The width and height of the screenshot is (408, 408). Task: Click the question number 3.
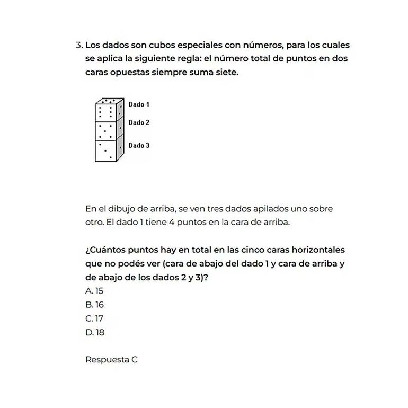click(78, 46)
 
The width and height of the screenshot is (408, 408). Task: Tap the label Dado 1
click(139, 104)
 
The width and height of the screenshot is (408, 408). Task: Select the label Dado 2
click(139, 122)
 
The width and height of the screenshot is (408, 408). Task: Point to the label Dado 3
click(139, 145)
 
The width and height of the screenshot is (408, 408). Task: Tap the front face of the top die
click(105, 113)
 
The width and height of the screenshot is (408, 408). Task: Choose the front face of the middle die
click(105, 131)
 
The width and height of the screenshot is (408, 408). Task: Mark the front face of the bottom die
click(105, 150)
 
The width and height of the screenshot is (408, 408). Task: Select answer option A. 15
click(94, 290)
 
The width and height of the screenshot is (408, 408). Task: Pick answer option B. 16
click(94, 305)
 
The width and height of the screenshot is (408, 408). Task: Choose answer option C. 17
click(94, 318)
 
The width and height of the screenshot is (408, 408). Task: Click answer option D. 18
click(95, 333)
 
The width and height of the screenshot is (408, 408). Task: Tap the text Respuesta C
click(111, 359)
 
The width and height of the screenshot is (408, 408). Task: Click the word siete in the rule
click(226, 72)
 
